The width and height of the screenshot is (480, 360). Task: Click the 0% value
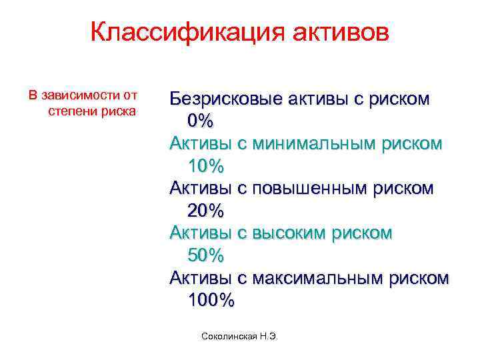200,121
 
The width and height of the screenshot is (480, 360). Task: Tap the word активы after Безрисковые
315,99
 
